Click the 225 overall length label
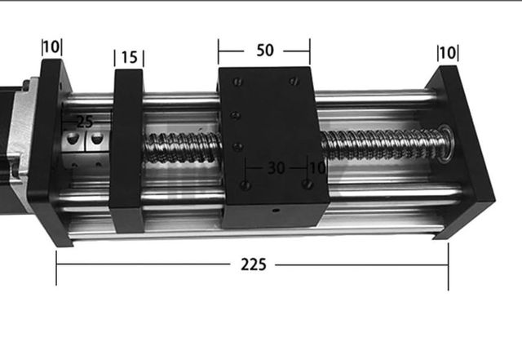coord(252,264)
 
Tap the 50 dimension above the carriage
coord(264,51)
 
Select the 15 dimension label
coord(129,57)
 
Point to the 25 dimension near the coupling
coord(84,122)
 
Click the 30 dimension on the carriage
coord(276,168)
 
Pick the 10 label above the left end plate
coord(51,47)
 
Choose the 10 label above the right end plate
coord(447,53)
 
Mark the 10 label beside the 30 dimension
coord(316,168)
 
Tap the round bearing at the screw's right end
coord(445,142)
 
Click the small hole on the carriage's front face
coord(275,210)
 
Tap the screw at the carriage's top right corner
coord(294,82)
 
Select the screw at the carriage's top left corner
coord(237,81)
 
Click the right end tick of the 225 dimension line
coord(448,270)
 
